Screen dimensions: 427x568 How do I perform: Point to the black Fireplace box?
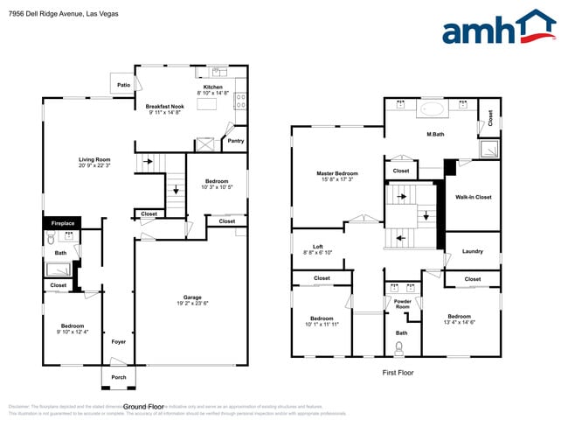coord(62,224)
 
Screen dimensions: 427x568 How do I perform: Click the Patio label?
coord(124,86)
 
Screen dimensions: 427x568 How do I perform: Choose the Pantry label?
coord(235,140)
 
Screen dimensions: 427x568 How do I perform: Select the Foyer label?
coord(119,340)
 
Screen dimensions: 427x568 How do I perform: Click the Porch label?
coord(118,377)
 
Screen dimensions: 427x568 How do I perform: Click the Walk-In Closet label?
coord(473,197)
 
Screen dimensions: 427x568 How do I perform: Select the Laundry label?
coord(473,251)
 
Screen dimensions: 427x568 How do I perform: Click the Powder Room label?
coord(402,304)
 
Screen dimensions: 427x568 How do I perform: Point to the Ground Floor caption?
coord(144,407)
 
